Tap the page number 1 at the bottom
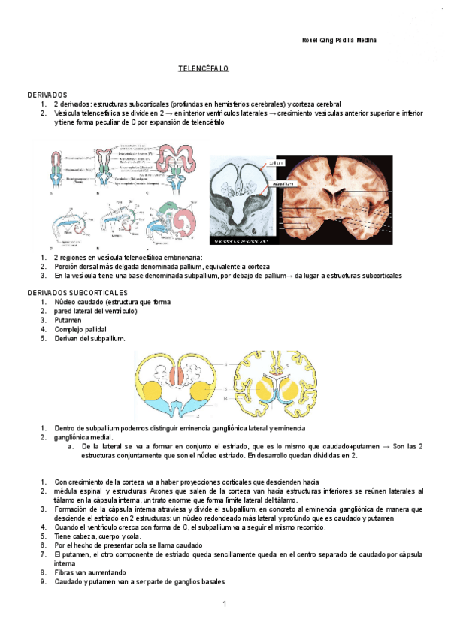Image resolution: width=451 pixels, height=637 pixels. point(225,605)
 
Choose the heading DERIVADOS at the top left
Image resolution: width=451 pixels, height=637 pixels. point(47,95)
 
